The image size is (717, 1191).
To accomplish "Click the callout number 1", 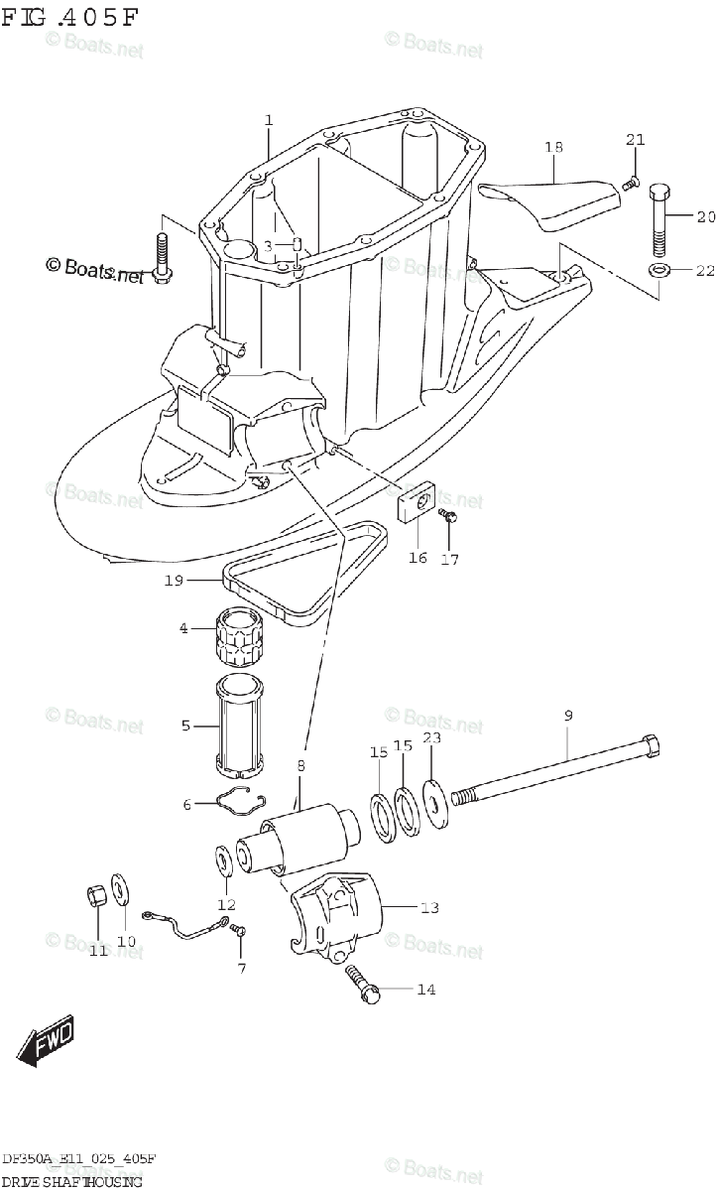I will tap(268, 120).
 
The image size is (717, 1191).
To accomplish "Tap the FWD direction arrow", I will tap(47, 1043).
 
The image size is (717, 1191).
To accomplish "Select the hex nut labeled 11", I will tap(95, 896).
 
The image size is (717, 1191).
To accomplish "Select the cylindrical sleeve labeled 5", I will tap(238, 725).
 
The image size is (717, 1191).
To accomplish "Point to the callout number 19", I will tap(174, 581).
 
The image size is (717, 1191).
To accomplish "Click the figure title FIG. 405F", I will tap(70, 18).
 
